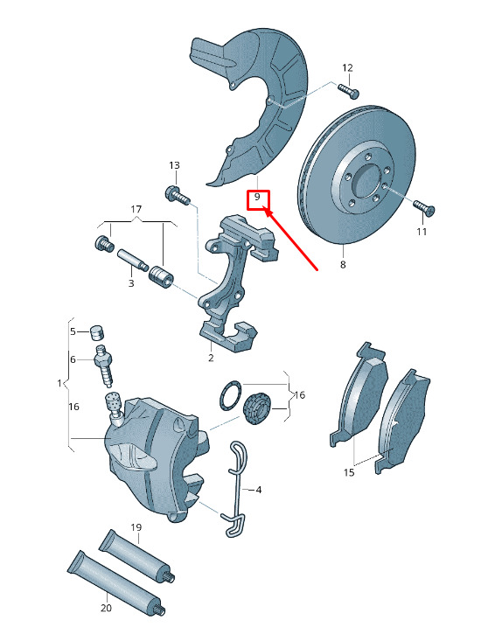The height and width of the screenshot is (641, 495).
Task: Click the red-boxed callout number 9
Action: (x=257, y=197)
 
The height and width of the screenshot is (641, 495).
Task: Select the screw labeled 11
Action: (x=424, y=207)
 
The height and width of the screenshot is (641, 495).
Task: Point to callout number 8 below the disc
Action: (x=343, y=264)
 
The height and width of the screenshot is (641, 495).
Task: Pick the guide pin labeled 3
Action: (x=132, y=260)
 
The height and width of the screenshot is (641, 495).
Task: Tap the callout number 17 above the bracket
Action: (x=136, y=209)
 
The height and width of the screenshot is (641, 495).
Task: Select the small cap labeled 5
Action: (x=97, y=332)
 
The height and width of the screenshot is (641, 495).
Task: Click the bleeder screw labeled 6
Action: (x=105, y=366)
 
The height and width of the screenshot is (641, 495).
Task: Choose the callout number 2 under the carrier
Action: (x=211, y=359)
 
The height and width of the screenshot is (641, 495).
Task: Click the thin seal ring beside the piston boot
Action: (x=231, y=395)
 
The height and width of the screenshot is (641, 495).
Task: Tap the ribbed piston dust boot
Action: (x=257, y=408)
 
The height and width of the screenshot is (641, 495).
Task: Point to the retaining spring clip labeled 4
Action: (x=236, y=490)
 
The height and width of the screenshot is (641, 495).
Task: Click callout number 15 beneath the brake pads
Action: (x=349, y=473)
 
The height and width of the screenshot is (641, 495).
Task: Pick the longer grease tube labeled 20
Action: (x=116, y=583)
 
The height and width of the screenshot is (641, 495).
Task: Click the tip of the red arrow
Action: (x=266, y=209)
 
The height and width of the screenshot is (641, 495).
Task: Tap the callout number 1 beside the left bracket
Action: (x=59, y=383)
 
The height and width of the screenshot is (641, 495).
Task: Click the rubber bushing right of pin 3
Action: (x=161, y=276)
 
